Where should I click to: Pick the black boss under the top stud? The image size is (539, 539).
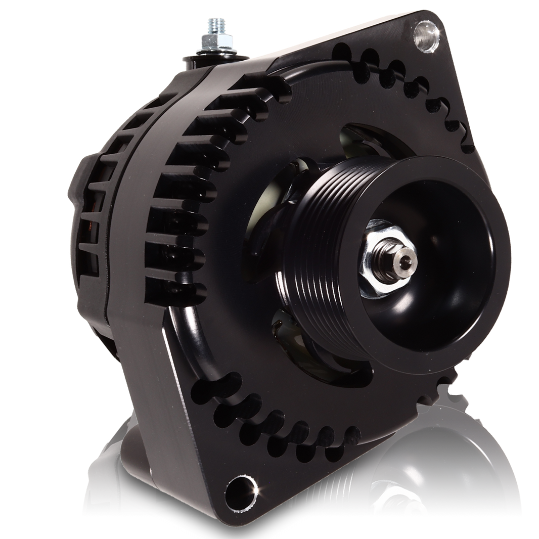pyautogui.click(x=207, y=63)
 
